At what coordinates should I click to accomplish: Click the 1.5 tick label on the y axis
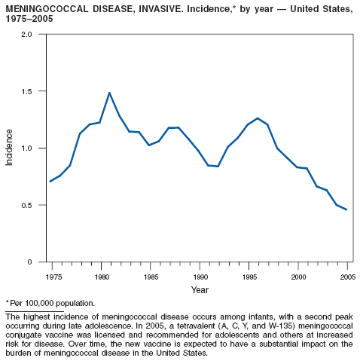[x=27, y=91]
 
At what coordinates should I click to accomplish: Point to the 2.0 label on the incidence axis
[x=27, y=34]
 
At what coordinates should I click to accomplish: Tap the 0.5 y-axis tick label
[x=27, y=205]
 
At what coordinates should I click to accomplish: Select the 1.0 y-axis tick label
[x=27, y=148]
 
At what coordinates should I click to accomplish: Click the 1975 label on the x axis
[x=53, y=277]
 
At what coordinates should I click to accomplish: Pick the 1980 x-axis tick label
[x=102, y=277]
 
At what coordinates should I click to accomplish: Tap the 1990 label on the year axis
[x=200, y=277]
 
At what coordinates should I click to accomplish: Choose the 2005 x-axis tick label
[x=348, y=277]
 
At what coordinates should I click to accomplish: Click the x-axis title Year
[x=200, y=290]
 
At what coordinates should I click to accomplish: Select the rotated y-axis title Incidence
[x=9, y=148]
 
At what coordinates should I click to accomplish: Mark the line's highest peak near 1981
[x=109, y=93]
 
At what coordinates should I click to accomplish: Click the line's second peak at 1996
[x=258, y=118]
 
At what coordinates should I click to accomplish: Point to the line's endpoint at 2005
[x=346, y=210]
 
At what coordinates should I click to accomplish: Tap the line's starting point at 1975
[x=50, y=181]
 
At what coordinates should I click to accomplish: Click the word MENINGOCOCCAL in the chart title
[x=47, y=9]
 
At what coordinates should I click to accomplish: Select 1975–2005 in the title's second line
[x=29, y=19]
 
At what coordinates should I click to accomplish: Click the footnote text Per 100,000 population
[x=52, y=304]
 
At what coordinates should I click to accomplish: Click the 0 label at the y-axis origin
[x=30, y=262]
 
